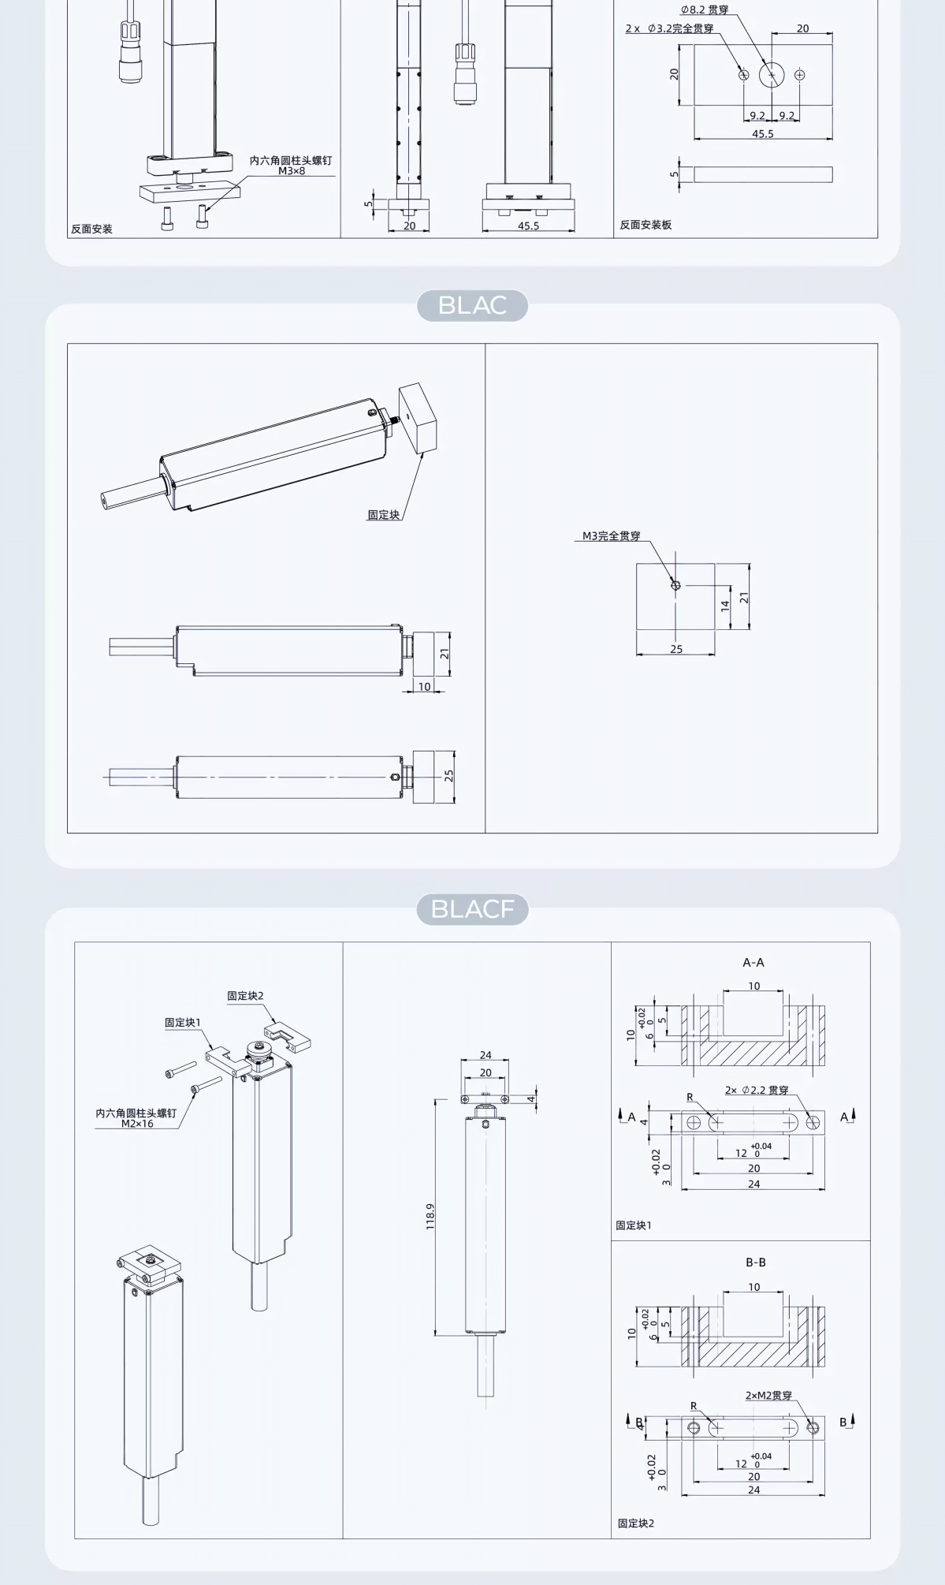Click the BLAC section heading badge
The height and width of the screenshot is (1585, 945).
click(472, 305)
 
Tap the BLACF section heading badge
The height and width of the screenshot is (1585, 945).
click(472, 909)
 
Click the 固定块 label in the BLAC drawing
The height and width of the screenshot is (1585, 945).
click(384, 515)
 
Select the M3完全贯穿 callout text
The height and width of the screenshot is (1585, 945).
click(612, 536)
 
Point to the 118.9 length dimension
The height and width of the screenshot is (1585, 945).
click(430, 1216)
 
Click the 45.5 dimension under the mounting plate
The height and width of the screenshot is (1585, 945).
click(763, 134)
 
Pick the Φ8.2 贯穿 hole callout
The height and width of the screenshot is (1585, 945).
click(705, 10)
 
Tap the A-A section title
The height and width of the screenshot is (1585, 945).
click(753, 962)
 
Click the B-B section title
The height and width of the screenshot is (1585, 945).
click(756, 1262)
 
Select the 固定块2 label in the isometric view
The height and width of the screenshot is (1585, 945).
click(245, 996)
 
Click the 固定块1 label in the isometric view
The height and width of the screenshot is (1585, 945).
click(183, 1023)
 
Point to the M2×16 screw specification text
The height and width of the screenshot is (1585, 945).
click(137, 1124)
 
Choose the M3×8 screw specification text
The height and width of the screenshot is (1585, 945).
click(292, 171)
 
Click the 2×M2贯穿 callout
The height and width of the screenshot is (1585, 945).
click(769, 1395)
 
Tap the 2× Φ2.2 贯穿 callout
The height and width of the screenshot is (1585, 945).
click(757, 1090)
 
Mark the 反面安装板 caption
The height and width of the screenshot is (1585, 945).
click(646, 225)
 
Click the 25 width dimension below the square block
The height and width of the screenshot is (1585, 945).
click(676, 649)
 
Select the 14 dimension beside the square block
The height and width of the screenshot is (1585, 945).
click(725, 606)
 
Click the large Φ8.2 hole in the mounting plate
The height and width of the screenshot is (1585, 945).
click(772, 75)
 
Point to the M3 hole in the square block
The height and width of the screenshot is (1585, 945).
click(675, 585)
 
